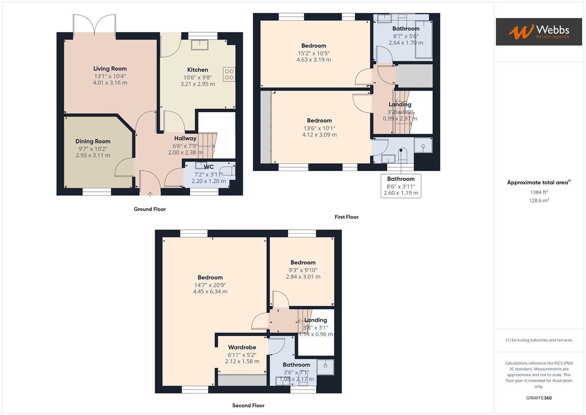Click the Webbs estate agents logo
click(x=538, y=32)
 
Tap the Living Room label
click(x=110, y=69)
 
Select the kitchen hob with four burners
click(x=229, y=74)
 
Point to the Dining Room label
click(x=93, y=141)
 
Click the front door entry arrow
click(x=150, y=193)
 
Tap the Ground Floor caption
click(x=150, y=209)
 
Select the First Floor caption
click(x=346, y=217)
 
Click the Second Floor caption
click(x=248, y=405)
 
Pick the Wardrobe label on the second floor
click(x=242, y=347)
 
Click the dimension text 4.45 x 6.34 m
click(x=210, y=292)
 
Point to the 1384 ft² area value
click(x=539, y=192)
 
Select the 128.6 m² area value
click(x=539, y=201)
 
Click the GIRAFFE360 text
click(x=539, y=398)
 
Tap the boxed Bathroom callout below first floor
click(x=401, y=186)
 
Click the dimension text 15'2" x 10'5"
click(x=314, y=53)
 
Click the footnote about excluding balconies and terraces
click(x=539, y=340)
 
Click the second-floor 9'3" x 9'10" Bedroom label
click(x=303, y=263)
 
